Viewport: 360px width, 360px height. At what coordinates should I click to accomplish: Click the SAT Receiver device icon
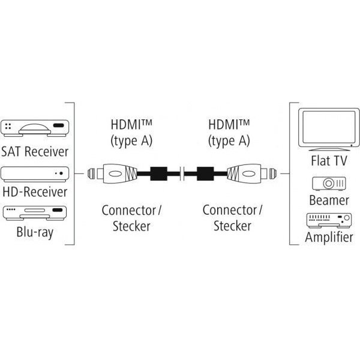tap(35, 128)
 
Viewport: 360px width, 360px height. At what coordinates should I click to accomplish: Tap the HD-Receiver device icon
tap(35, 174)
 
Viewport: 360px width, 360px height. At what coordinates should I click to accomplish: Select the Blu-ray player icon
tap(35, 213)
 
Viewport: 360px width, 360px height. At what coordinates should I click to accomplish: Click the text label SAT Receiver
tap(35, 151)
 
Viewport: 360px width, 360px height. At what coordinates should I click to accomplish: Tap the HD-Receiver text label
tap(35, 193)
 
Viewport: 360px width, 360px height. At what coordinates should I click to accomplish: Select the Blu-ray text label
tap(35, 232)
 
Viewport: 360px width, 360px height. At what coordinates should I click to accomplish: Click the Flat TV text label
tap(329, 161)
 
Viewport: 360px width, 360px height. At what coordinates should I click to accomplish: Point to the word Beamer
tap(329, 200)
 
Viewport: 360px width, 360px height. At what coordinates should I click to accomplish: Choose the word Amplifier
tap(329, 238)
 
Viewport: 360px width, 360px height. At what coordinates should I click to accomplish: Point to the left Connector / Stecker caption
tap(132, 218)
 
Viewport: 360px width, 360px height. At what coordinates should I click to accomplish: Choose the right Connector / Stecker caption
tap(233, 218)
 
